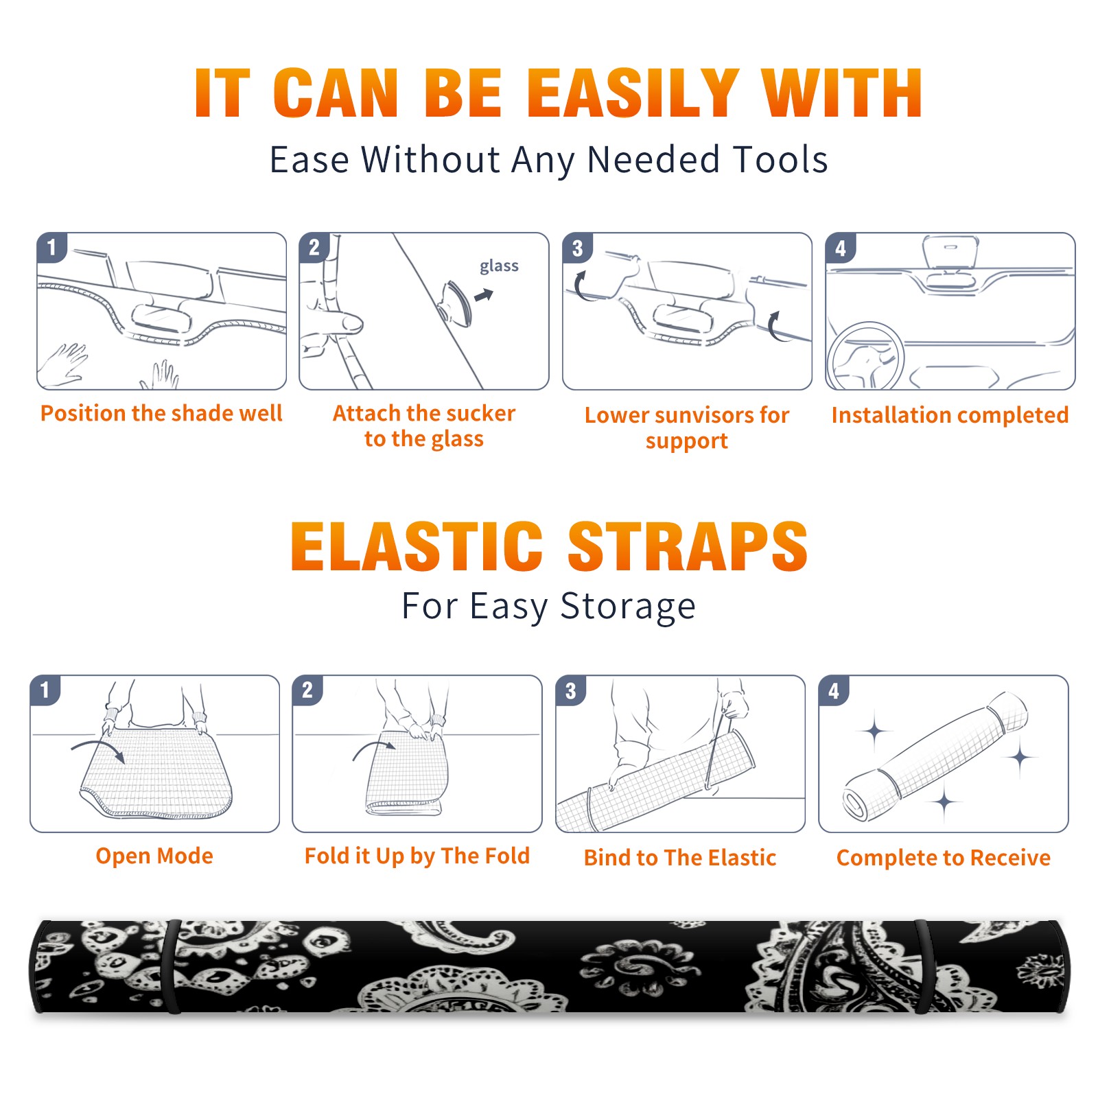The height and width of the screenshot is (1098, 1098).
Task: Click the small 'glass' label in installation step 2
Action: [x=499, y=266]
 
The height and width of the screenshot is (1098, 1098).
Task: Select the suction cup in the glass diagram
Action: [x=456, y=303]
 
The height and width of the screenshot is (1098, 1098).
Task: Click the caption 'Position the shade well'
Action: [x=161, y=413]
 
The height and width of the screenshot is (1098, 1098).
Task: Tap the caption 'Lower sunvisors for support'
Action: [x=686, y=428]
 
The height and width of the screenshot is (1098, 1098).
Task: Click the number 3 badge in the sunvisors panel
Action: [x=577, y=248]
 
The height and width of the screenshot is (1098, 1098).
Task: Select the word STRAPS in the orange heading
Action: [x=688, y=546]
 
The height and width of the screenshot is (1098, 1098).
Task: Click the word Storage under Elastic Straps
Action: [x=628, y=607]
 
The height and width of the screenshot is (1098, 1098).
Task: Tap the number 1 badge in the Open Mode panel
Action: [x=45, y=690]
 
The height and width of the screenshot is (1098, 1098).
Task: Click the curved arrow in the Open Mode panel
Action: [x=98, y=747]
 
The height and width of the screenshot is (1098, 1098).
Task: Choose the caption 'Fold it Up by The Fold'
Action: [x=417, y=856]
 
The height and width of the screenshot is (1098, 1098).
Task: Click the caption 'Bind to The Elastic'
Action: [x=680, y=858]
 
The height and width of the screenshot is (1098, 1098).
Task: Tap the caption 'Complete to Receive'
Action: [x=944, y=858]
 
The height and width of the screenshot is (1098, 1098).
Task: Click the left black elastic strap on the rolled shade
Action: [x=172, y=967]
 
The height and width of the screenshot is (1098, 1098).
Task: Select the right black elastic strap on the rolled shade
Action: [x=924, y=967]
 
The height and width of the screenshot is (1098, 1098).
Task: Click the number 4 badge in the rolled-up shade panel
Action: [x=834, y=690]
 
